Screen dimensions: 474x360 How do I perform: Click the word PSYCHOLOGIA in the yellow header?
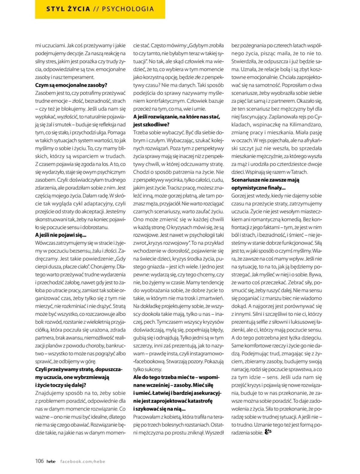[x=128, y=9]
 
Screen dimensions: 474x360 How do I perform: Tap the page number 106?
[x=39, y=461]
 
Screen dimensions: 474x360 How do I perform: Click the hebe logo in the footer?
[x=51, y=461]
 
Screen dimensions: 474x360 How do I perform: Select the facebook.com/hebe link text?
[x=82, y=461]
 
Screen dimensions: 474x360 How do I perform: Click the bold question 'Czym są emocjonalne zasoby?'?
[x=71, y=85]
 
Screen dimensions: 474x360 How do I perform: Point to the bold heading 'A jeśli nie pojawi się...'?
[x=61, y=235]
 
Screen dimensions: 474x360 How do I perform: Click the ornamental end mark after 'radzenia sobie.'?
[x=268, y=432]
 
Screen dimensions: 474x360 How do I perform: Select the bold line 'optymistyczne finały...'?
[x=258, y=188]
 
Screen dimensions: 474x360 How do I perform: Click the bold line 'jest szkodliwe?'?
[x=151, y=124]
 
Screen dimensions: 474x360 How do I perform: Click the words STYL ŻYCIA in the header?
[x=68, y=9]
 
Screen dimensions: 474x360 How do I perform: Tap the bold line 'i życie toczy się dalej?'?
[x=61, y=385]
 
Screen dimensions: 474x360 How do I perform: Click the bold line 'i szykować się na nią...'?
[x=159, y=409]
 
